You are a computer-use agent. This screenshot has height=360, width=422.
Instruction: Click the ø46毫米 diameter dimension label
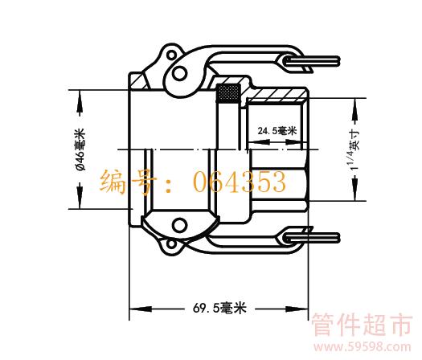80,149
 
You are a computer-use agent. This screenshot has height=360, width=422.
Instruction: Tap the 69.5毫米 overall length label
219,308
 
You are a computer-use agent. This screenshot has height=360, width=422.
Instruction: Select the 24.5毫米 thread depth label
277,131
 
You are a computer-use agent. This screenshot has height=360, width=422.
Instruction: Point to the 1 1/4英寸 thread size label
354,149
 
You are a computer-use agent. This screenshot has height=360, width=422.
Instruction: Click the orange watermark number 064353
240,182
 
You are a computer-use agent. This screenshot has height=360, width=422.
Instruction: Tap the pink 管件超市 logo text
362,325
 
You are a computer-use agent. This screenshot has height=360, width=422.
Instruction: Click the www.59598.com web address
363,347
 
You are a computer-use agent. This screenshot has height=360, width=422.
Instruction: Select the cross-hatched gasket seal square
228,94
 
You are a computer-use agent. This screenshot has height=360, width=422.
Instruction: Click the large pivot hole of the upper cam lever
179,73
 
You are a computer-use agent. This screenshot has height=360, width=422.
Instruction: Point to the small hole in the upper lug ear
171,55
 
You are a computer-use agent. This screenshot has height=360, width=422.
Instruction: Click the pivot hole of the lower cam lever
179,226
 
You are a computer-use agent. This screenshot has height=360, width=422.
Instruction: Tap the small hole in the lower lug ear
171,244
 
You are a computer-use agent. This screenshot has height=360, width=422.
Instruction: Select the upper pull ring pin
312,61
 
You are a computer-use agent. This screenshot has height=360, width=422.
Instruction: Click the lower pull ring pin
312,238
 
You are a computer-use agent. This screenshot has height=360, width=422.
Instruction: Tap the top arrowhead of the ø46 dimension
80,101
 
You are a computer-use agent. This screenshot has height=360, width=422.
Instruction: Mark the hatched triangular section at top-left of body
140,82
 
